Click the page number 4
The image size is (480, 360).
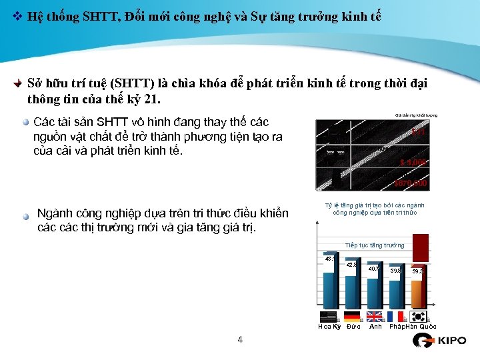pos(240,340)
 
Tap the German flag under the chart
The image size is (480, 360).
pos(352,317)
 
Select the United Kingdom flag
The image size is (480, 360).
pos(375,317)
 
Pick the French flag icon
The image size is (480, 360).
pos(397,317)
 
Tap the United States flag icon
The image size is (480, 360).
pos(329,317)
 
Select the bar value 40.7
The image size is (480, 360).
pos(374,269)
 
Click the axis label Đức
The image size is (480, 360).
pos(354,327)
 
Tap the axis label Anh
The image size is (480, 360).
pos(376,327)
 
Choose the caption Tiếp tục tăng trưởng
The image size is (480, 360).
pos(375,245)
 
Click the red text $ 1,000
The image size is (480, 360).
pos(413,162)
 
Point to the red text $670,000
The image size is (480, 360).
pos(410,183)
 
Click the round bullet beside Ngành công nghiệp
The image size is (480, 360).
pos(25,216)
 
